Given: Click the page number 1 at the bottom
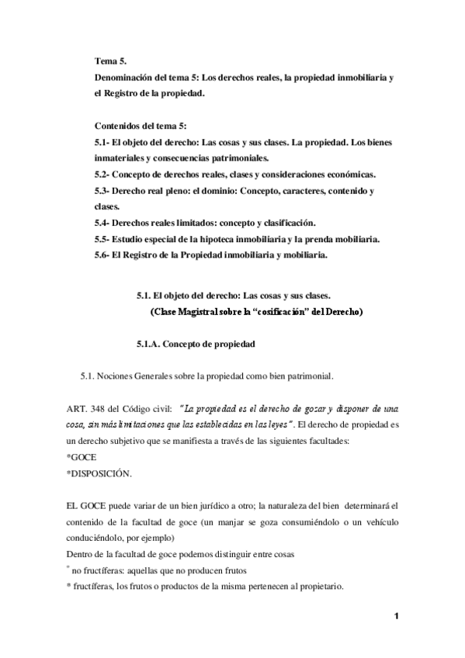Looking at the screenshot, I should [396, 617].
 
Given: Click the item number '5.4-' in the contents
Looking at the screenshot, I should [102, 222].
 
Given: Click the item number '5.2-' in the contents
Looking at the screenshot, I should [102, 174].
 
